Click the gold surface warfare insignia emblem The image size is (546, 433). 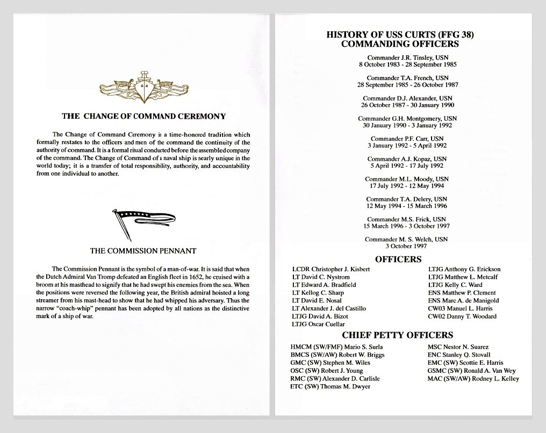click(143, 88)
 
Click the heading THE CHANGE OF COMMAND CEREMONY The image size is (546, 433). click(143, 116)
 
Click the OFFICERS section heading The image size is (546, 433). click(398, 259)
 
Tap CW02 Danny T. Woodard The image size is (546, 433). click(462, 316)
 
